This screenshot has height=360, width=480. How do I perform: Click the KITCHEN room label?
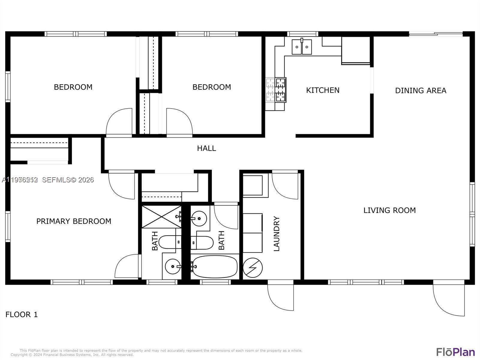pos(322,90)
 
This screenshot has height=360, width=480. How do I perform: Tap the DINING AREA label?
pos(420,90)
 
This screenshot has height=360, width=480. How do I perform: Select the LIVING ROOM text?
pos(389,210)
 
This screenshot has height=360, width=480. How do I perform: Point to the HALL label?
pos(206,148)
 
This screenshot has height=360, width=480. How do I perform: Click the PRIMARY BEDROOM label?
pos(73,221)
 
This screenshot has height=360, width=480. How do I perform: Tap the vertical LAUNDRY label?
pos(277,234)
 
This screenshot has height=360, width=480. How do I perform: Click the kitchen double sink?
pos(302,47)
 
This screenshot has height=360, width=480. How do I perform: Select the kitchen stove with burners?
pos(276,90)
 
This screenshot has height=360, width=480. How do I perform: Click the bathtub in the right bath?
pos(214,267)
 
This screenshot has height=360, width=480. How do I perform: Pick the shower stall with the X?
pos(161,217)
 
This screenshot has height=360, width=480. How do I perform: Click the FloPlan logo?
pos(455,352)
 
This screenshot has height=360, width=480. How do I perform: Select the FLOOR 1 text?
pos(22,314)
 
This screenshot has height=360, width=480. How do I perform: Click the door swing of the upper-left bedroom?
pos(119,121)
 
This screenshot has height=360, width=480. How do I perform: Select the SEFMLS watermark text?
pos(68,180)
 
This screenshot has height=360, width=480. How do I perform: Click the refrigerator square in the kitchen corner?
pos(355,50)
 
